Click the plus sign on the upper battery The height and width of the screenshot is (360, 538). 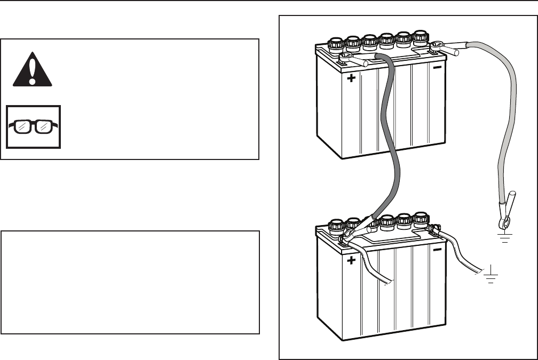point(351,79)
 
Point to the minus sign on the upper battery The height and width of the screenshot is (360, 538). point(437,68)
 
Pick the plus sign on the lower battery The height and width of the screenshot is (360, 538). point(351,261)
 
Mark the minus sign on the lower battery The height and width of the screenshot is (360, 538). point(437,250)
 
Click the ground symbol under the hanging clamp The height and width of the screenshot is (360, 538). point(504,236)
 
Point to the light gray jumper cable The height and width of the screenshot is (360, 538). point(510,117)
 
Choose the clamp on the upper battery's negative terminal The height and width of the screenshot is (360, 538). point(446,49)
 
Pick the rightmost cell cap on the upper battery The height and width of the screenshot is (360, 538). point(421,37)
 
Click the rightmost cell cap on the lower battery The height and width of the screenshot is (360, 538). point(421,218)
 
